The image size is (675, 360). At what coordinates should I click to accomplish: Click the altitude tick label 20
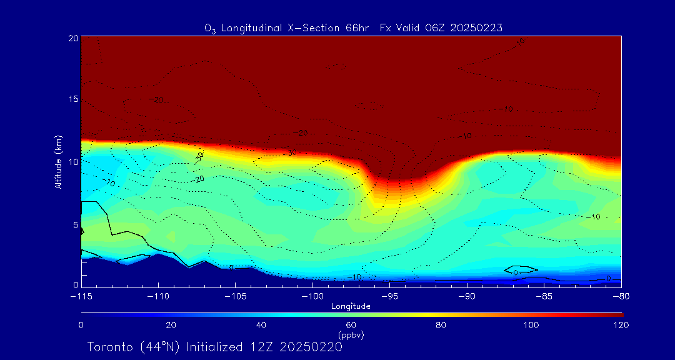tap(73, 38)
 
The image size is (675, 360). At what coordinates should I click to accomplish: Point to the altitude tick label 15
tap(73, 99)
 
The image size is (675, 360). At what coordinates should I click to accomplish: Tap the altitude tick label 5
tap(75, 224)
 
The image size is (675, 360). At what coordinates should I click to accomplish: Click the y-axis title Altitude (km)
tap(58, 162)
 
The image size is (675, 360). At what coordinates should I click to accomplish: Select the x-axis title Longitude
tap(351, 306)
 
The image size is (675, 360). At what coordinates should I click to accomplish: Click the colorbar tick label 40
tap(261, 325)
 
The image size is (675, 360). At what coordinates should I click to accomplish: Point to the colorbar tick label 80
tap(442, 325)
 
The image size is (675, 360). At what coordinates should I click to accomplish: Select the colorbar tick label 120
tap(621, 325)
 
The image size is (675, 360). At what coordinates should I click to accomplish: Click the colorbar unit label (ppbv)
tap(351, 335)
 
